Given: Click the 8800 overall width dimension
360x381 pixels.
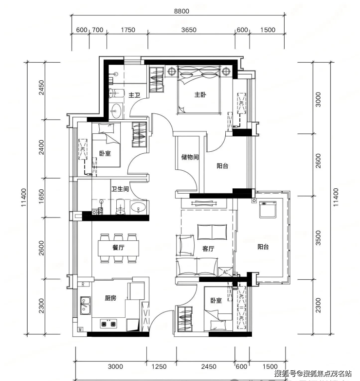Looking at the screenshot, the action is click(181, 11).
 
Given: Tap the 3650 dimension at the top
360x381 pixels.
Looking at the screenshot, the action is click(189, 30).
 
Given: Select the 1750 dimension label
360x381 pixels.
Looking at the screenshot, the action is click(128, 30).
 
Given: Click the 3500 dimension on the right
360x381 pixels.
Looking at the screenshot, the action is click(318, 237).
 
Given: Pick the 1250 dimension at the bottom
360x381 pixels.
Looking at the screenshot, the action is click(159, 367).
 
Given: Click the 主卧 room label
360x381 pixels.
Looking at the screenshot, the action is click(200, 94).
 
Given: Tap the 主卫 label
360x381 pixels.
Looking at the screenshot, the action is click(134, 95).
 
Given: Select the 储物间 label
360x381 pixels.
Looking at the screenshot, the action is click(190, 157).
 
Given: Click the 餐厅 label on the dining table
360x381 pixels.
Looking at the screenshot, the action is click(118, 248).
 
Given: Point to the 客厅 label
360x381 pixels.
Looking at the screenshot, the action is click(208, 249).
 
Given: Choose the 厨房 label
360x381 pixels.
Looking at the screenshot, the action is click(110, 298).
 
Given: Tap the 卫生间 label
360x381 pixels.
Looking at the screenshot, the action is click(120, 189).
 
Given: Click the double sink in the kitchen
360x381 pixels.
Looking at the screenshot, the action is click(85, 305).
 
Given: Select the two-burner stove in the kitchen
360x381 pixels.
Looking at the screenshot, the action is click(108, 324).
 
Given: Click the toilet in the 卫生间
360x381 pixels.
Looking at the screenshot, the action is click(120, 206).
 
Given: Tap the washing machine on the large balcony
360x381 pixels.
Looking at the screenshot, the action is click(268, 209).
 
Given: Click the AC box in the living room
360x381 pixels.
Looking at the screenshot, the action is click(225, 272).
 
